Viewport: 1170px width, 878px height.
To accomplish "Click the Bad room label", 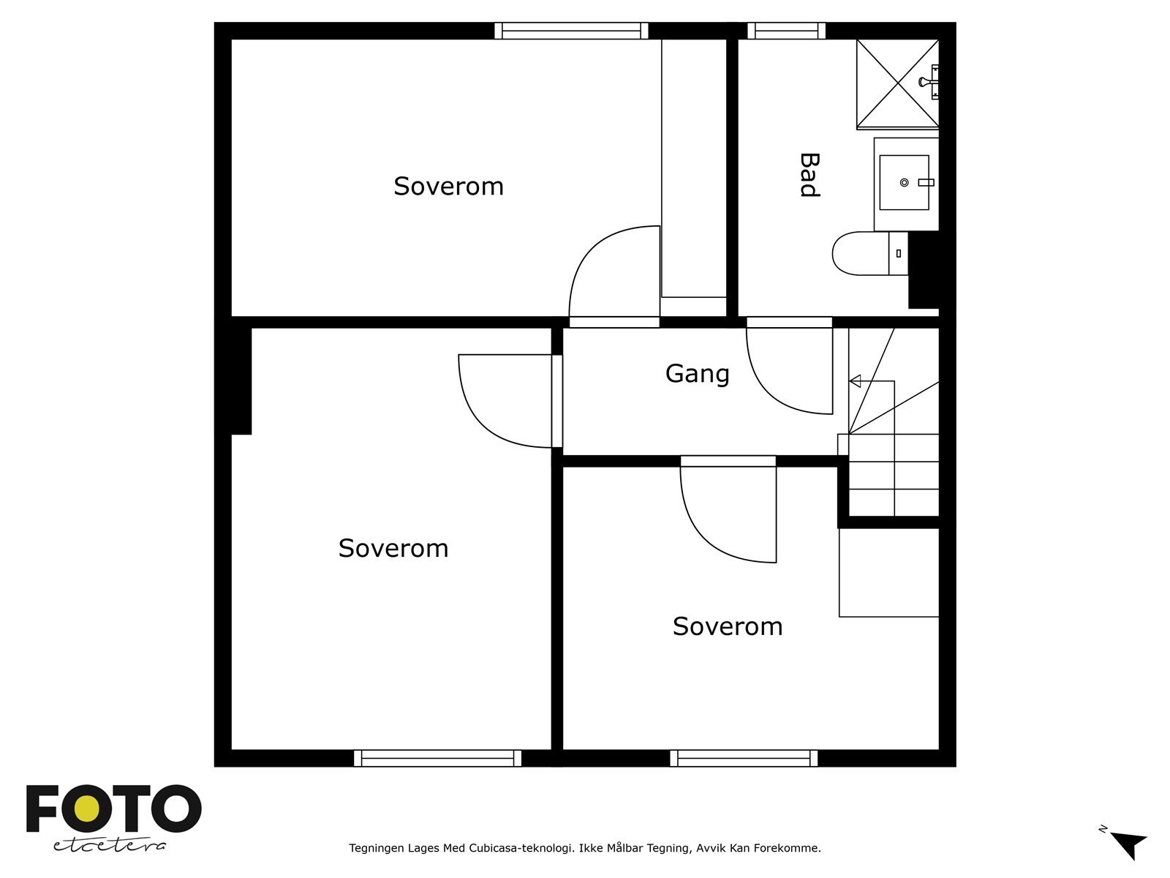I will [808, 175].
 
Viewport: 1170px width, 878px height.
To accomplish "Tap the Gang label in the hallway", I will [697, 374].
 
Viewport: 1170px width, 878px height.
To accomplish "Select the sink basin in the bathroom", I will [905, 182].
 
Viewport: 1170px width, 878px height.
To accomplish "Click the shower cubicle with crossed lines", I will [897, 84].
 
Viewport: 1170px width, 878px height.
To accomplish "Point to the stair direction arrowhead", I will [855, 381].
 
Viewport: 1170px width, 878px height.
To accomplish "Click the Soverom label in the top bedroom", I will [448, 187].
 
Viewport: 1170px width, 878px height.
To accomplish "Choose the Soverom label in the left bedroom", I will [393, 549].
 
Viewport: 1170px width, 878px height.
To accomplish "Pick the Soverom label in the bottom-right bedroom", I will [728, 627].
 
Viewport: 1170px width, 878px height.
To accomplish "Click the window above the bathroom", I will [786, 31].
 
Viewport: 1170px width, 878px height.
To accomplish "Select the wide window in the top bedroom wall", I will [571, 31].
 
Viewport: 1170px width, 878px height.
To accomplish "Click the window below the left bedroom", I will [437, 759].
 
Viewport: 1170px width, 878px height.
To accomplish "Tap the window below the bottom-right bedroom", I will [744, 759].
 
